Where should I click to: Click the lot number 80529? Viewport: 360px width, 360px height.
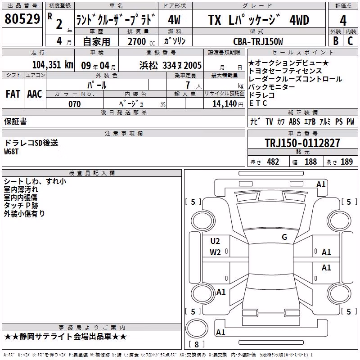(x=22, y=19)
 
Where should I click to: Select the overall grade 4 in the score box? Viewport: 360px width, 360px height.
(x=343, y=20)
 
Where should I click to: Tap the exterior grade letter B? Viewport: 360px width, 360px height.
(x=336, y=40)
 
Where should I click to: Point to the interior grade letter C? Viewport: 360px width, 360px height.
(x=350, y=40)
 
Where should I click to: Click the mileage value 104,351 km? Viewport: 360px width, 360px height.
(x=53, y=65)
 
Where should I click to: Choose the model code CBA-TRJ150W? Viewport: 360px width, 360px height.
(x=258, y=41)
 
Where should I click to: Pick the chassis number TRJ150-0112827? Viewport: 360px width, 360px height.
(x=302, y=143)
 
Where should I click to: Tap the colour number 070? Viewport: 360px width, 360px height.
(x=75, y=104)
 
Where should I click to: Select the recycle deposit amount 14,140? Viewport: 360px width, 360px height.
(x=225, y=104)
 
